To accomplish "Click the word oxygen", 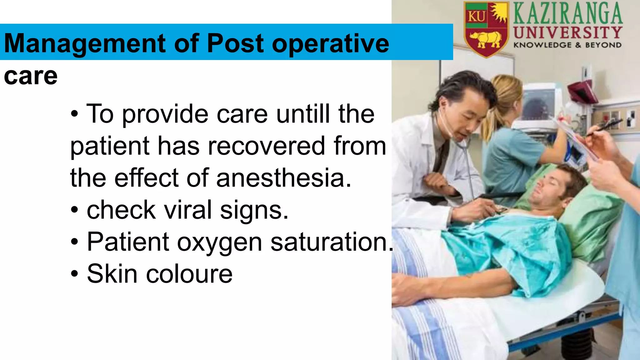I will (x=219, y=242).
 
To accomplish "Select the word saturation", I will (x=331, y=242).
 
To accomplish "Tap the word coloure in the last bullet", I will (x=189, y=274).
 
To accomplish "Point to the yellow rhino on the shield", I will (x=485, y=39).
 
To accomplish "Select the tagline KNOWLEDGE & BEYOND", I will (x=567, y=45).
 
